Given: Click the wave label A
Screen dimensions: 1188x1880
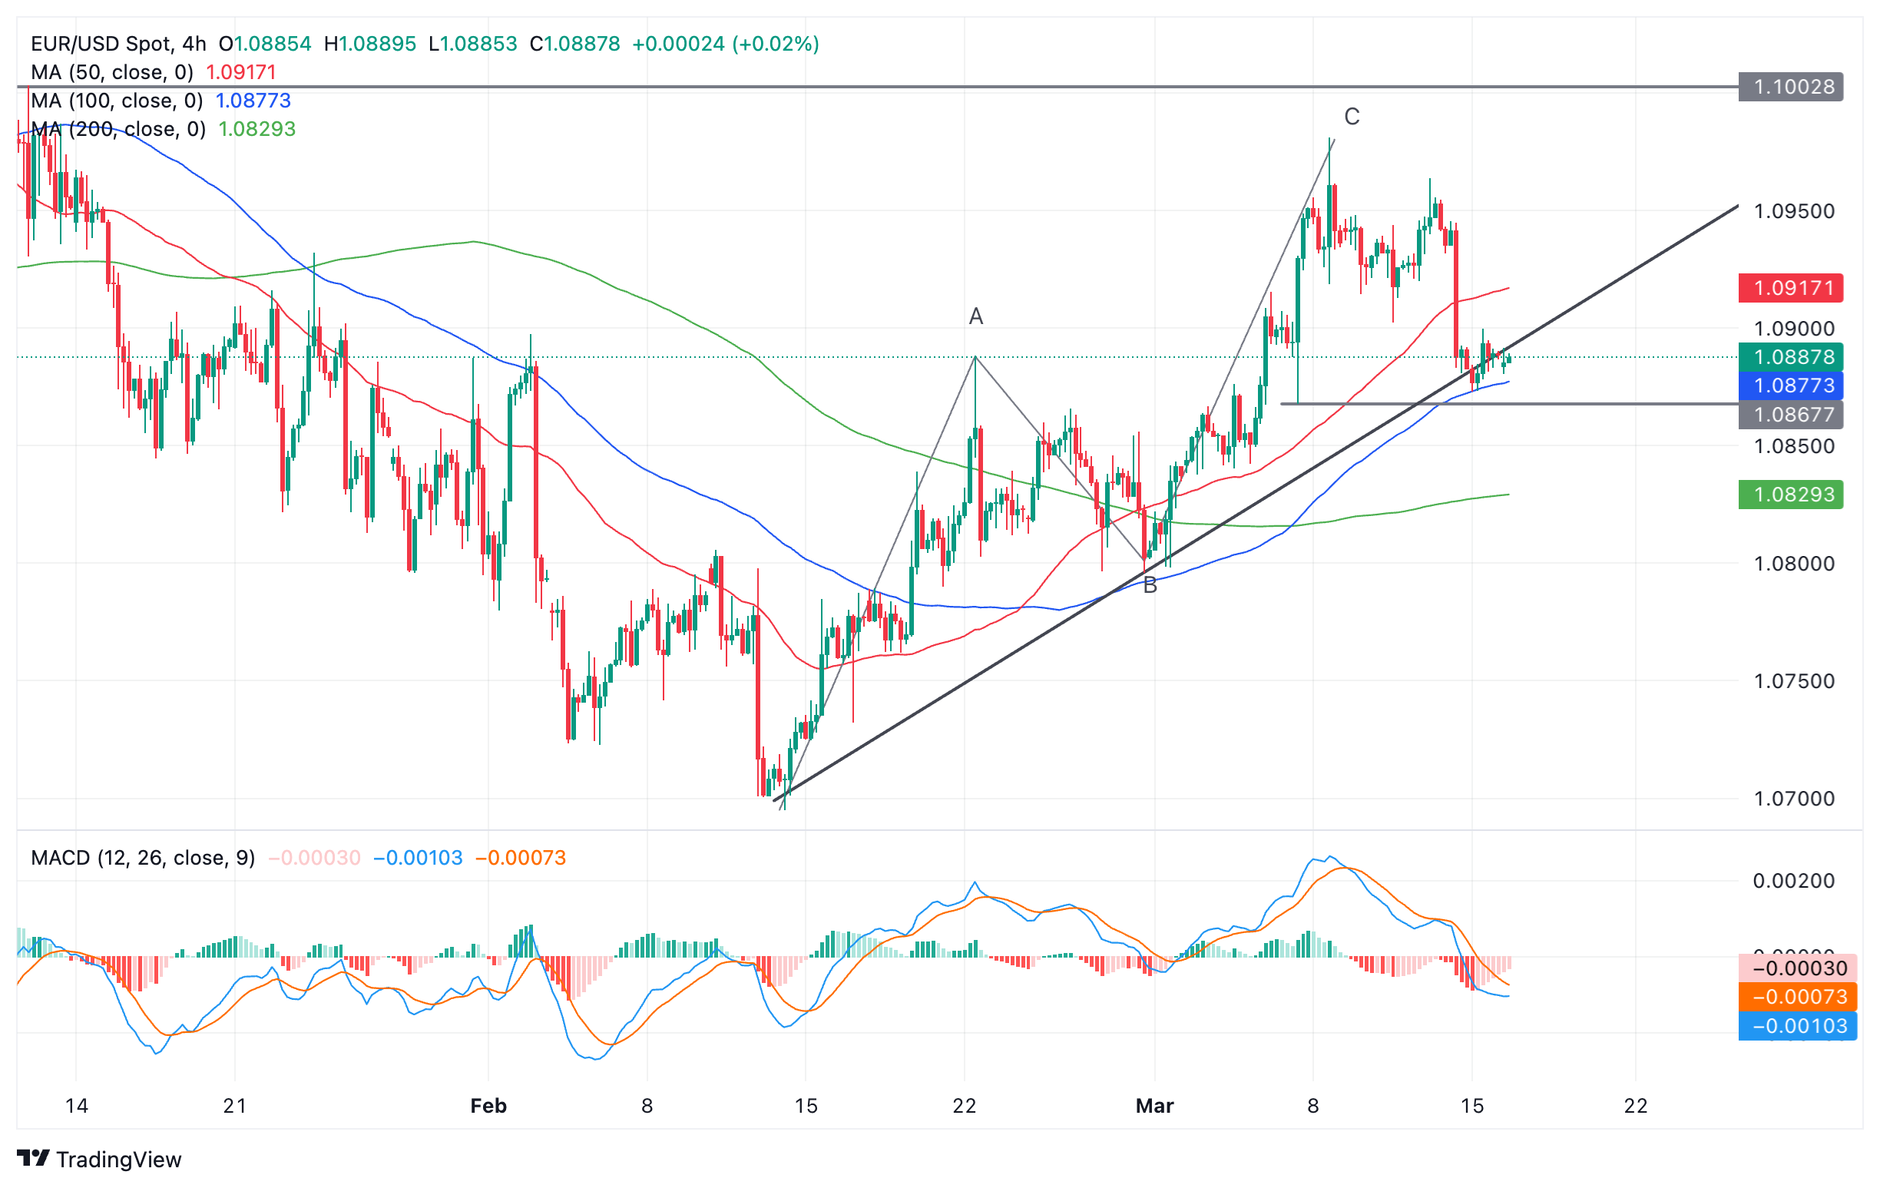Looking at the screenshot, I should coord(976,316).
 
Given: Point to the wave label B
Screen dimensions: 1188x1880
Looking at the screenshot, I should coord(1149,585).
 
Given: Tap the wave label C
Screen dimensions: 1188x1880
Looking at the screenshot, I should coord(1352,117).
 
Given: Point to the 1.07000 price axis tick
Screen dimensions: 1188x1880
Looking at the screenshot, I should coord(1793,799).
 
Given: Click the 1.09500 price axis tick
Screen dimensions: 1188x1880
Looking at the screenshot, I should coord(1793,211).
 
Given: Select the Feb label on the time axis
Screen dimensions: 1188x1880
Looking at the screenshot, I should coord(488,1106).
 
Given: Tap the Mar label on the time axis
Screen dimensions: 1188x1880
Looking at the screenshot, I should coord(1155,1106).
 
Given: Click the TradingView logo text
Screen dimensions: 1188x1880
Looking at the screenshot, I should coord(119,1160).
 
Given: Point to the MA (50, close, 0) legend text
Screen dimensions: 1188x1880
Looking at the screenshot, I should coord(111,73).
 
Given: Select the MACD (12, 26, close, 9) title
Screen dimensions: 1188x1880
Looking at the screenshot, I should coord(143,858).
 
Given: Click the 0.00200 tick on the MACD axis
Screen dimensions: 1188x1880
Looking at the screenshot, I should coord(1793,882).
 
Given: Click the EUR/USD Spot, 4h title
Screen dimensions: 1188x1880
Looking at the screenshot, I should coord(119,44).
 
